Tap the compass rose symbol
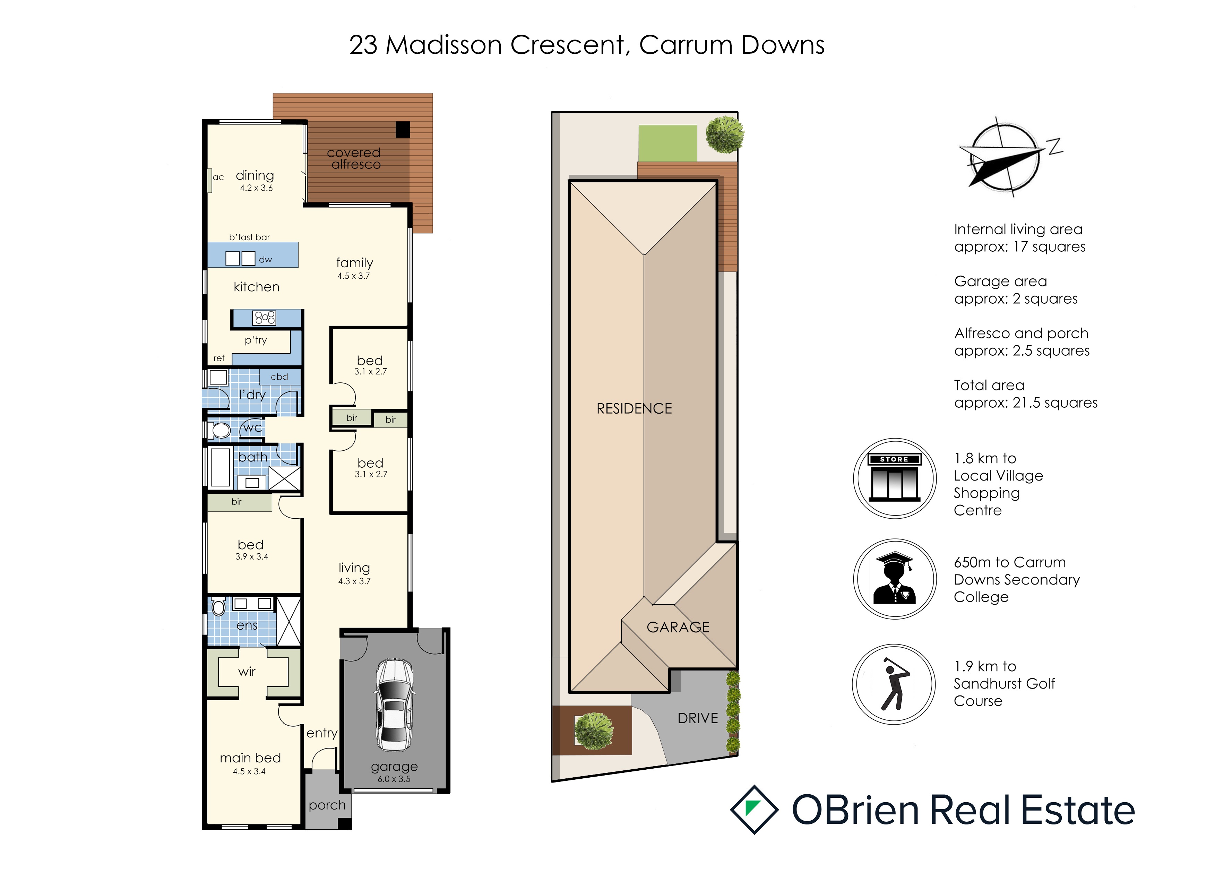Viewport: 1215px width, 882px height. coord(1005,157)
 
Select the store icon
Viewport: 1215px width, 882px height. coord(895,478)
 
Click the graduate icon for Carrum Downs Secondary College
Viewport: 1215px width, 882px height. coord(895,579)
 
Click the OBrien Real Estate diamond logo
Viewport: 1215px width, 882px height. coord(754,809)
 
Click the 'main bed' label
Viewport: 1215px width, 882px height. coord(250,758)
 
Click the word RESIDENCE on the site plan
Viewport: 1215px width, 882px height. coord(634,409)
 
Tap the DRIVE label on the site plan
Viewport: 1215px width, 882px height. coord(698,718)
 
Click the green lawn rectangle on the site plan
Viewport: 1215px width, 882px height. coord(667,143)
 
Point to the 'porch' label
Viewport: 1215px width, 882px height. coord(327,805)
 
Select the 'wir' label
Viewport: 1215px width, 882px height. coord(247,672)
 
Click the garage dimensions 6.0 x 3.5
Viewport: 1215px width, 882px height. coord(394,779)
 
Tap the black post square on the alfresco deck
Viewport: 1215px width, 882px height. coord(403,130)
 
